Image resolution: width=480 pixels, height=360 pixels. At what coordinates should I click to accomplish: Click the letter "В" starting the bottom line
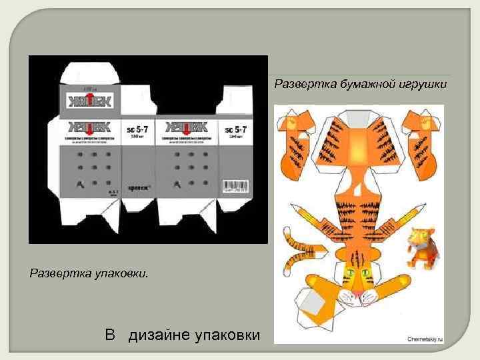[x=111, y=334]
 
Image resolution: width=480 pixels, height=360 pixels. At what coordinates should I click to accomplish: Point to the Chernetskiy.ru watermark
[x=424, y=338]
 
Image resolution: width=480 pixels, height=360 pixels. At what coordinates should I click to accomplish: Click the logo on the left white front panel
[x=89, y=127]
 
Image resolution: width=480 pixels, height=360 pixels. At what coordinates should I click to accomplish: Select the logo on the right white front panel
[x=187, y=127]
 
